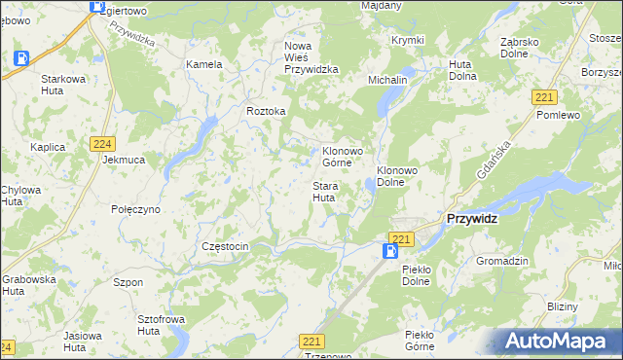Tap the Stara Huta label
coord(324,191)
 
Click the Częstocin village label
coord(225,247)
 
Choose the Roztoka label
coord(266,111)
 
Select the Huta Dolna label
coord(460,70)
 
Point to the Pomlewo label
coord(558,115)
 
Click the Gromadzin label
coord(501,262)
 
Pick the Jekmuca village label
coord(124,159)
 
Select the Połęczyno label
coord(135,209)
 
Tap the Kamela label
coord(204,64)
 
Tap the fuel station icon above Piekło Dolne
coord(389,251)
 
